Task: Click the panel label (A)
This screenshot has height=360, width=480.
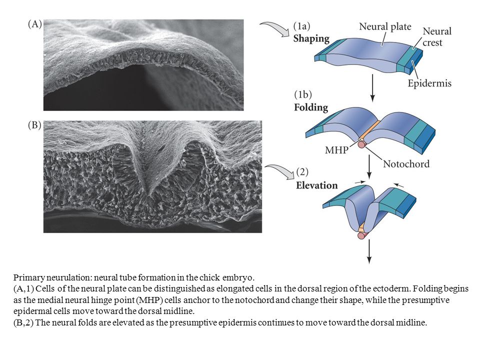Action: pyautogui.click(x=34, y=24)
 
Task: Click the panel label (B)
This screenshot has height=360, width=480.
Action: pyautogui.click(x=34, y=125)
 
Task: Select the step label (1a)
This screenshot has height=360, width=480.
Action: pyautogui.click(x=301, y=26)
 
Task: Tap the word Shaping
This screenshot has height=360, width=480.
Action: pyautogui.click(x=311, y=39)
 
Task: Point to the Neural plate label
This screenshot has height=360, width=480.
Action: pyautogui.click(x=385, y=26)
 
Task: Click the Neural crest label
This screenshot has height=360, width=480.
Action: pyautogui.click(x=437, y=36)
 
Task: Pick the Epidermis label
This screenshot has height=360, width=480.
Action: pyautogui.click(x=429, y=83)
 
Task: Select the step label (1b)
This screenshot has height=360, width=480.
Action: pyautogui.click(x=303, y=94)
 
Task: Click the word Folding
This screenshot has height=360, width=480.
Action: pyautogui.click(x=310, y=107)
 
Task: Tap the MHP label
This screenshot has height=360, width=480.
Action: pyautogui.click(x=336, y=150)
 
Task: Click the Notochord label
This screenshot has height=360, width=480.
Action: pyautogui.click(x=406, y=164)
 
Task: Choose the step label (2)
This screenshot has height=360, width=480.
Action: pyautogui.click(x=302, y=172)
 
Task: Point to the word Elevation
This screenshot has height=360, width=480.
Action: pyautogui.click(x=316, y=185)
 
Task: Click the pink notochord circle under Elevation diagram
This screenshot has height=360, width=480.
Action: pyautogui.click(x=361, y=235)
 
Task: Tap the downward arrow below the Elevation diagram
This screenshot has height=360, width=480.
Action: pyautogui.click(x=369, y=251)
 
